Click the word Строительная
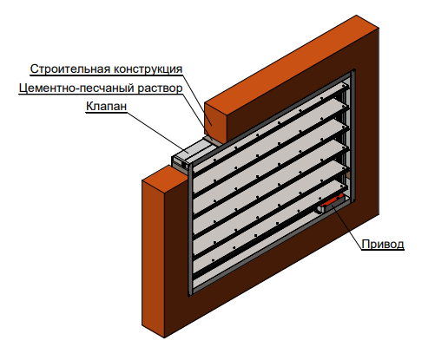[x=70, y=69]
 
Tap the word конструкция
[x=148, y=69]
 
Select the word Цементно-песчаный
[x=76, y=88]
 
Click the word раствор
[x=160, y=88]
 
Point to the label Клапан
[x=107, y=106]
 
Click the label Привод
[x=383, y=245]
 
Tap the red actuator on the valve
[x=332, y=202]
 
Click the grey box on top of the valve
[x=191, y=154]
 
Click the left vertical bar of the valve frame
[x=190, y=228]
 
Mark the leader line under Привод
[x=347, y=225]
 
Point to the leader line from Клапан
[x=158, y=133]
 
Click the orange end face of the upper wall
[x=215, y=121]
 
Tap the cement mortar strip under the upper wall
[x=214, y=140]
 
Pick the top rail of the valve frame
[x=272, y=118]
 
